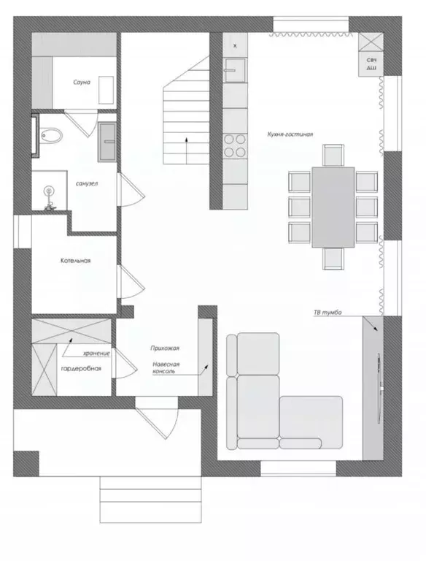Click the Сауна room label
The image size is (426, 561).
click(x=82, y=83)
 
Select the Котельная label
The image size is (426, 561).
click(x=75, y=261)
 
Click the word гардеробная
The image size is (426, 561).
click(x=81, y=368)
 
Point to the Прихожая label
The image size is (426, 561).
click(x=165, y=348)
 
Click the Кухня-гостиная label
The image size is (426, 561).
click(x=290, y=134)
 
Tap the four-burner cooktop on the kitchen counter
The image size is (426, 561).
click(x=235, y=145)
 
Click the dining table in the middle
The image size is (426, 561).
click(x=333, y=207)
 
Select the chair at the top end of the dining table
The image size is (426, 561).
click(x=333, y=156)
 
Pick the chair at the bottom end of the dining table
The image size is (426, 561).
click(x=333, y=259)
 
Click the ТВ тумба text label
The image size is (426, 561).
click(x=328, y=313)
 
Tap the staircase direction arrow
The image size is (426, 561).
click(x=186, y=150)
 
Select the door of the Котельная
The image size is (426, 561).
click(x=131, y=282)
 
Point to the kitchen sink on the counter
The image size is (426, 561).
click(x=235, y=70)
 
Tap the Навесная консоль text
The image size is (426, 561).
click(x=166, y=368)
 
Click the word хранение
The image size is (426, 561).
click(x=96, y=354)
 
